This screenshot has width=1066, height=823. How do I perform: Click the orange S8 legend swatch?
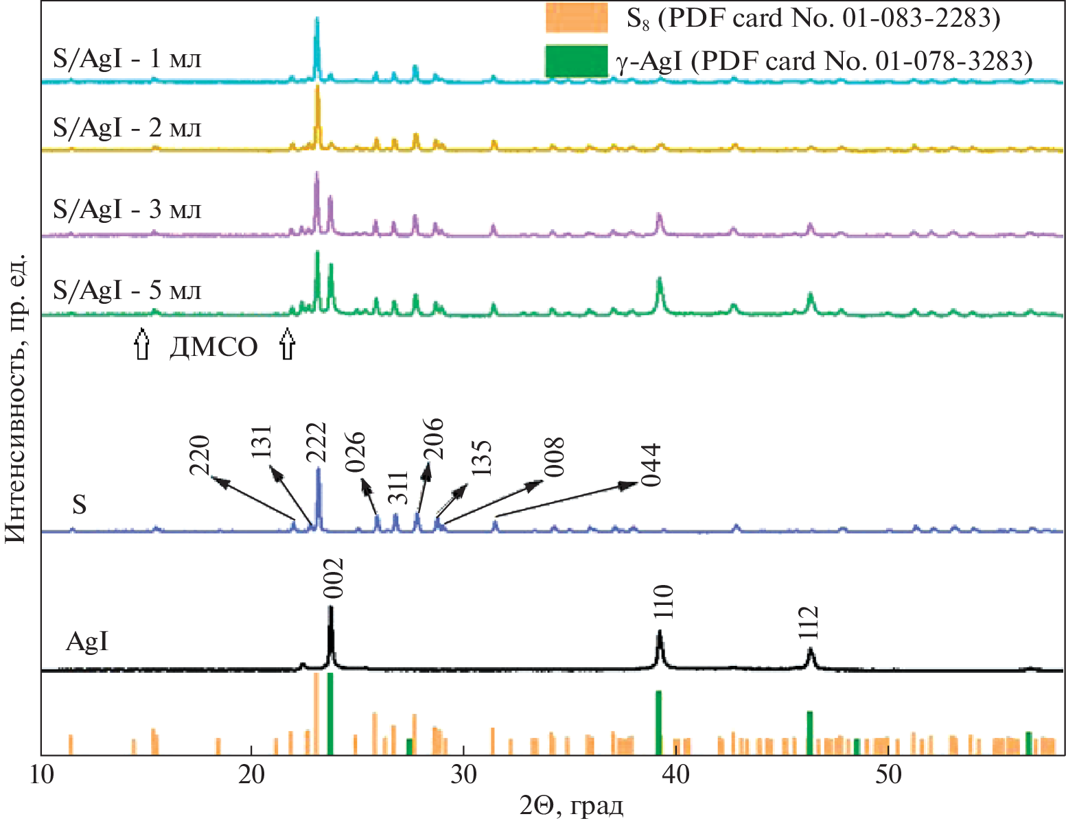pyautogui.click(x=576, y=19)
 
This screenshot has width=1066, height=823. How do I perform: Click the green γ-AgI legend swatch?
pyautogui.click(x=576, y=61)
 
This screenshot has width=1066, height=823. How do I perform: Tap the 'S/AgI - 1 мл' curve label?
pyautogui.click(x=128, y=59)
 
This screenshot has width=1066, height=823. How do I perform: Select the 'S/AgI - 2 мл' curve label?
pyautogui.click(x=128, y=128)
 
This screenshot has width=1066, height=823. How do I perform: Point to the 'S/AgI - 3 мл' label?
pyautogui.click(x=128, y=209)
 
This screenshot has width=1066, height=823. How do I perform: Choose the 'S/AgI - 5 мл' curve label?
pyautogui.click(x=128, y=291)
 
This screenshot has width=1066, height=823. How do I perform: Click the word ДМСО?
pyautogui.click(x=214, y=348)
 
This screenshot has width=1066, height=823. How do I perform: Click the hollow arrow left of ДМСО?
pyautogui.click(x=141, y=344)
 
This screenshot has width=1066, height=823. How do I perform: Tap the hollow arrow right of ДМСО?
pyautogui.click(x=288, y=344)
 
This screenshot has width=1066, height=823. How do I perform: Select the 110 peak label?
pyautogui.click(x=663, y=602)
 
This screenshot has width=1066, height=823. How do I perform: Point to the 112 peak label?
pyautogui.click(x=809, y=623)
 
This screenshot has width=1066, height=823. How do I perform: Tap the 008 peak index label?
pyautogui.click(x=553, y=457)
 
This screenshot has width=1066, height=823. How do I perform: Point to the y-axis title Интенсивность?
pyautogui.click(x=15, y=398)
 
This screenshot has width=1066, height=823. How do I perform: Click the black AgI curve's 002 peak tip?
pyautogui.click(x=331, y=607)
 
